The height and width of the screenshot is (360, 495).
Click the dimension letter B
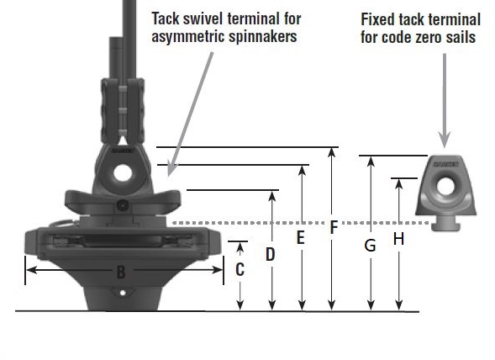click(x=121, y=271)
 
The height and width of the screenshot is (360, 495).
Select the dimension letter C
click(x=240, y=270)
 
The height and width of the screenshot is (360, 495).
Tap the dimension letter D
click(x=271, y=253)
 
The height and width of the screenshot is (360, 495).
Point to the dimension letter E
click(x=301, y=239)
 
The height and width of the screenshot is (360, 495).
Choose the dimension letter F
click(x=334, y=228)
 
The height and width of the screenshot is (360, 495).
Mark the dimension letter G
click(x=370, y=246)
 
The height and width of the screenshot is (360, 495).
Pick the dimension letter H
click(x=399, y=239)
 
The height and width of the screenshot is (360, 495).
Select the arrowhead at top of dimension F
click(x=334, y=152)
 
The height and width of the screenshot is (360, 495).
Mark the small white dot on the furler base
click(x=123, y=294)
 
